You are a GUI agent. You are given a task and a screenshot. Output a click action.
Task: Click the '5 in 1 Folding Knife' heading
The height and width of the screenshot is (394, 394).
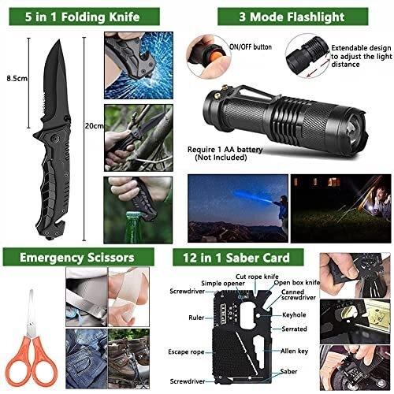(x=82, y=17)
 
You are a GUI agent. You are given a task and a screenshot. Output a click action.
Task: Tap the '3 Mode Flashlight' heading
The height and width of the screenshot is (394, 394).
(x=292, y=17)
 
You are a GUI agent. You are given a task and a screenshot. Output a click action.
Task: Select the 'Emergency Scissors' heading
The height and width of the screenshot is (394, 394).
(x=77, y=258)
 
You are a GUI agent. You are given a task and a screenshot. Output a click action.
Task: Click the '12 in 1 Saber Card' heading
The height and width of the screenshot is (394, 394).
(x=236, y=258)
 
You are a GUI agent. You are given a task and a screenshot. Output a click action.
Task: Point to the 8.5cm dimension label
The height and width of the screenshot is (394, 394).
(x=17, y=78)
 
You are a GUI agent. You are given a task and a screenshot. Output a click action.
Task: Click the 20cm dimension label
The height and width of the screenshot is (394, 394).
(x=94, y=126)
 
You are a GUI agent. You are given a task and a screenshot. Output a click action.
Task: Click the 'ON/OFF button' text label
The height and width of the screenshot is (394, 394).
(x=251, y=47)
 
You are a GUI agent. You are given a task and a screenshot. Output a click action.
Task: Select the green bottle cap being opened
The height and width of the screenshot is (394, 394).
(x=135, y=215)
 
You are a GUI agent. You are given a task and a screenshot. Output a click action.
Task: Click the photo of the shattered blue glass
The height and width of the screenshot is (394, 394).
(x=139, y=65)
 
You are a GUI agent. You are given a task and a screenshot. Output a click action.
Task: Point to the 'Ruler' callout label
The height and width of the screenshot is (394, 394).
(x=196, y=318)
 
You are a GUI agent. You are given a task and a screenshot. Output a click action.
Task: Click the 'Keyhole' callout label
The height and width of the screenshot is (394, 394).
(x=294, y=315)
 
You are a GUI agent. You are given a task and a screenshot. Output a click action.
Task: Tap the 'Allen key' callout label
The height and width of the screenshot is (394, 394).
(x=294, y=351)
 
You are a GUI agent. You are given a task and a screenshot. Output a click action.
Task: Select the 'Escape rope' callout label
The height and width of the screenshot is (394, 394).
(x=186, y=352)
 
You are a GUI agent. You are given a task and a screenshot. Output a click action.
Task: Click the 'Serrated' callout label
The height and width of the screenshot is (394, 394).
(x=294, y=329)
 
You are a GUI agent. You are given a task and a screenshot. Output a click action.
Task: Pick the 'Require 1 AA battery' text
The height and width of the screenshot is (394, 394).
(x=225, y=150)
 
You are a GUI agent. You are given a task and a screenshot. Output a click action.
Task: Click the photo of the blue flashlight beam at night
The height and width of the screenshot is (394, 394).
(x=238, y=208)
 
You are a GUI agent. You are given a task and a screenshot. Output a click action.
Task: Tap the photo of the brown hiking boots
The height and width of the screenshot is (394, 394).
(x=128, y=359)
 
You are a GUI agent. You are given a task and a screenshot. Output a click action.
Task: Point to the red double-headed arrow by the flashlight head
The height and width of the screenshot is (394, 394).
(x=318, y=68)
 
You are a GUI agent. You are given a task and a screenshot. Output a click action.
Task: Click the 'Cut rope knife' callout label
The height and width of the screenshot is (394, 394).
(x=257, y=277)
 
